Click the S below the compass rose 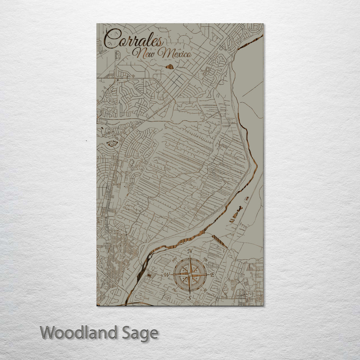(x=189, y=298)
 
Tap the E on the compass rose (x=213, y=275)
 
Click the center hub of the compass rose (x=189, y=275)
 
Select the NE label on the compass (x=206, y=259)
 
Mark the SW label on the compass (x=174, y=290)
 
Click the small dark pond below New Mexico (x=170, y=67)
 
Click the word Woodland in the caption (x=79, y=333)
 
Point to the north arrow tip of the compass (x=190, y=256)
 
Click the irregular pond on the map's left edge (x=112, y=144)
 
